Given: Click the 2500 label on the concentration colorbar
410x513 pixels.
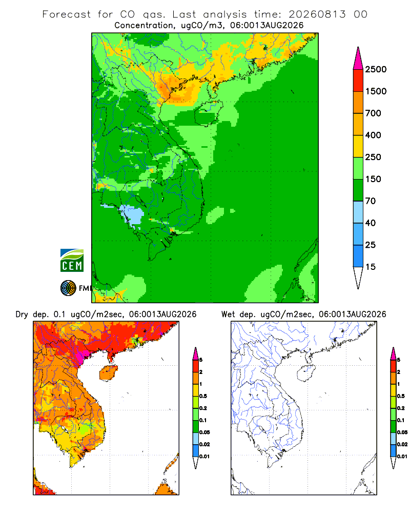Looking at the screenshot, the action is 376,69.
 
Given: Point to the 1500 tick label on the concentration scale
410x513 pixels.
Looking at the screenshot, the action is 376,91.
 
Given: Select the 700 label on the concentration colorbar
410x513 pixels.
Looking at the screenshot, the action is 373,113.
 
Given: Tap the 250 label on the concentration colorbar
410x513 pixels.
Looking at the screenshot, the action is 373,157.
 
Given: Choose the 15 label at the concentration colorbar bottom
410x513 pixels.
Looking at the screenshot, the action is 371,267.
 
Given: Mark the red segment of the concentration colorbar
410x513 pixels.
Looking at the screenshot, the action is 358,81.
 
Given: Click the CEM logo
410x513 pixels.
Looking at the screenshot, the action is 72,261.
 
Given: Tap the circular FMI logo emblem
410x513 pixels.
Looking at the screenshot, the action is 68,288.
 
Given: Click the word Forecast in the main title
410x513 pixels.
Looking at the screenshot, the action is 67,14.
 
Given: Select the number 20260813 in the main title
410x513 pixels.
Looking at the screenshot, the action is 317,14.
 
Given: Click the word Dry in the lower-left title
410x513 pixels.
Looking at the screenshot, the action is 22,314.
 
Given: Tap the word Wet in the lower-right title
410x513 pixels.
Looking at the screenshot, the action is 228,314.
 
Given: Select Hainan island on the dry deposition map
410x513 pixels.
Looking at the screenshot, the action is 108,373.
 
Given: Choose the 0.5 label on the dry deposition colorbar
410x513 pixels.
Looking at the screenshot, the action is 203,396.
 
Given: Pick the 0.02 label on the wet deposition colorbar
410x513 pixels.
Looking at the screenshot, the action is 402,444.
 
